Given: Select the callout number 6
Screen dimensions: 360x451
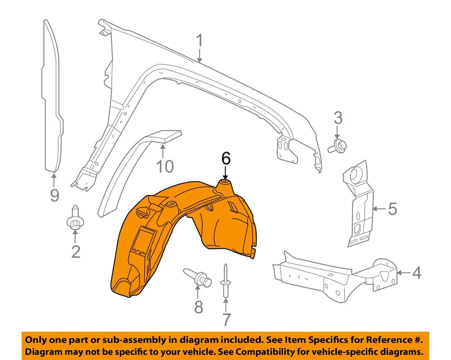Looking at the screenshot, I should pos(226,159).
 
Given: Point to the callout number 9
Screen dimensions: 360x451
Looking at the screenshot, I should pos(54,194).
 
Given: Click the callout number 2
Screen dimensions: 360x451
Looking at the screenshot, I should pos(76,251).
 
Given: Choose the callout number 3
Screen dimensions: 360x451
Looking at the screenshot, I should pos(338,118).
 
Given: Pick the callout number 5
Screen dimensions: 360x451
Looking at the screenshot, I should pos(392,208).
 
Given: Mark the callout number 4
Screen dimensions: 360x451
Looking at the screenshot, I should pos(416,273).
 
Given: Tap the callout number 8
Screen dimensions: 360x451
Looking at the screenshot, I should pos(198,307).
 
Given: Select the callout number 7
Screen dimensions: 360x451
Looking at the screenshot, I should pos(226,320).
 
